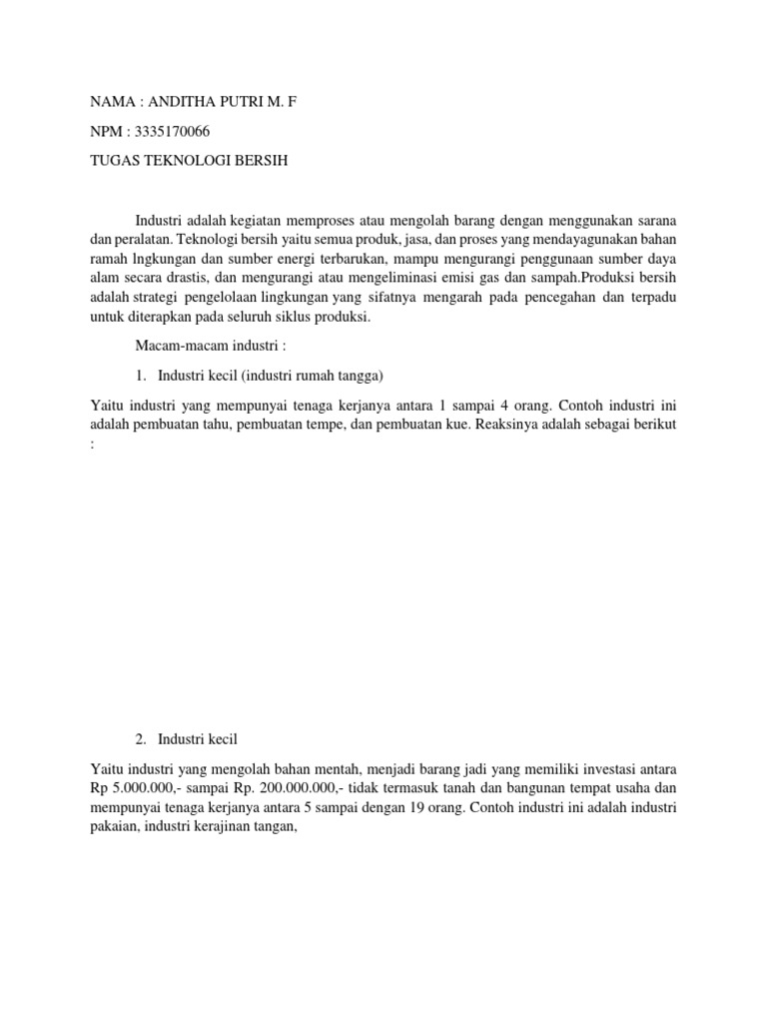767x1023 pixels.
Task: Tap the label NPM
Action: click(x=107, y=132)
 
